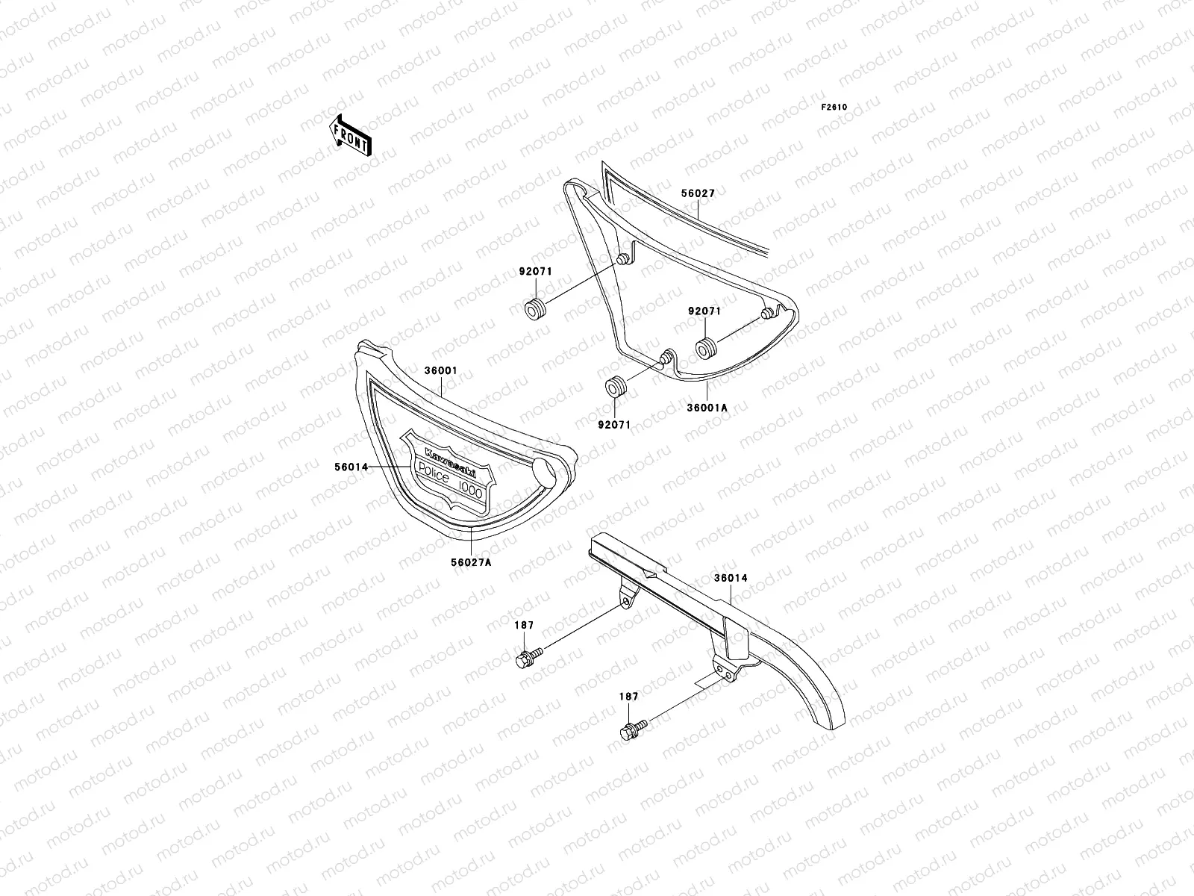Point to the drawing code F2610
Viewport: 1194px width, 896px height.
coord(834,107)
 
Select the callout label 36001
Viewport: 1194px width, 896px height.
coord(441,370)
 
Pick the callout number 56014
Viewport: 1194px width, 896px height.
coord(351,467)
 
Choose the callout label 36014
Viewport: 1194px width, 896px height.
coord(730,578)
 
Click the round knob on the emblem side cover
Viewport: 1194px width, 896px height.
coord(547,473)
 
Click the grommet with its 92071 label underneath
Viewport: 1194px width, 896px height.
coord(615,388)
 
